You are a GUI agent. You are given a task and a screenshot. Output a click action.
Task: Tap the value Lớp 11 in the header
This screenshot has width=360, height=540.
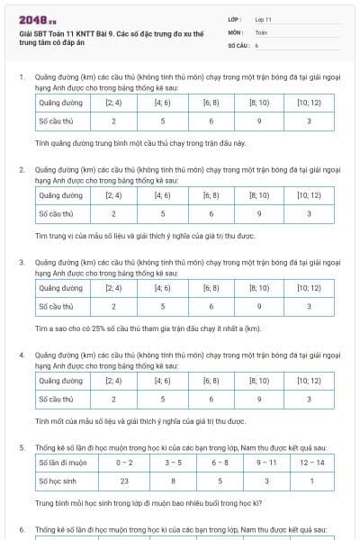[x=263, y=19]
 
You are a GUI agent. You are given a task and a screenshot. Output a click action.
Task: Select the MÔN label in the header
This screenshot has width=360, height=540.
[x=235, y=31]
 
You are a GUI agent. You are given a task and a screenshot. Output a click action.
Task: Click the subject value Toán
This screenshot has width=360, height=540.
[x=261, y=31]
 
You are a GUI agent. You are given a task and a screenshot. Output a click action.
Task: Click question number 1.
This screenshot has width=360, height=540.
[x=22, y=77]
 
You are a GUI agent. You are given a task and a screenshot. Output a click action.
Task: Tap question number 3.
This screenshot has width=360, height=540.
[x=22, y=262]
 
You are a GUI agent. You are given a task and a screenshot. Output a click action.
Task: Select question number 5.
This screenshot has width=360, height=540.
[x=22, y=446]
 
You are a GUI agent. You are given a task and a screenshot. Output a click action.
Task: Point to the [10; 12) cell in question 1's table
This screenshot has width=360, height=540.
[x=309, y=103]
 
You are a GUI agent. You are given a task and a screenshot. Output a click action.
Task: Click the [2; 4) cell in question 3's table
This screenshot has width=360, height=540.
[x=113, y=288]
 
